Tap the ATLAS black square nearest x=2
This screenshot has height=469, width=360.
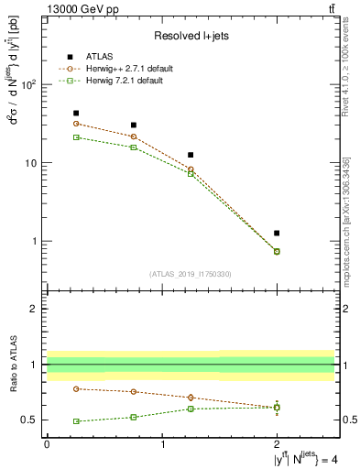(x=277, y=234)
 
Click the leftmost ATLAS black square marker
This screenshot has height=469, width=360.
(x=76, y=114)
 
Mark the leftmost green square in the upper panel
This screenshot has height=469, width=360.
(x=76, y=137)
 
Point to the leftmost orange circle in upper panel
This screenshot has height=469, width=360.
(x=76, y=124)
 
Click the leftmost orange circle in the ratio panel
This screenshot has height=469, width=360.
(x=76, y=388)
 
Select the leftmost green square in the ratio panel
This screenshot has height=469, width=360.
(x=76, y=421)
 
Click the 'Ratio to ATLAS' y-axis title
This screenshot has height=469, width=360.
(x=14, y=365)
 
